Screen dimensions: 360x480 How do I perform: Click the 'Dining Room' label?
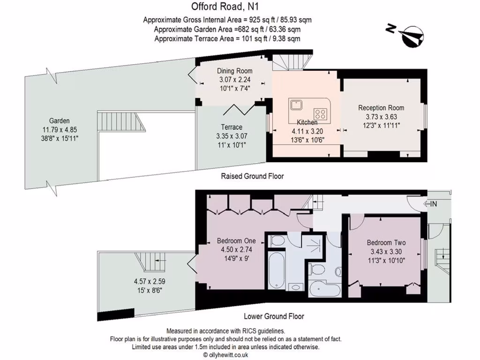coord(235,71)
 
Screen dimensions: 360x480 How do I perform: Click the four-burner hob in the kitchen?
coord(321,113)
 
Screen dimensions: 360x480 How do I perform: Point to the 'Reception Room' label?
coord(381,108)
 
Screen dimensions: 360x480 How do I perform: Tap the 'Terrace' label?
coord(232,127)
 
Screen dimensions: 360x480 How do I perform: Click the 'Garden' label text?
coord(59,120)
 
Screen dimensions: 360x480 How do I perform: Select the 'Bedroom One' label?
coord(236,241)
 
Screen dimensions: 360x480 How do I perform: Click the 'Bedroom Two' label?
coord(386,243)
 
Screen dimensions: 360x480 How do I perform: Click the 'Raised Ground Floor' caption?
coord(252,176)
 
